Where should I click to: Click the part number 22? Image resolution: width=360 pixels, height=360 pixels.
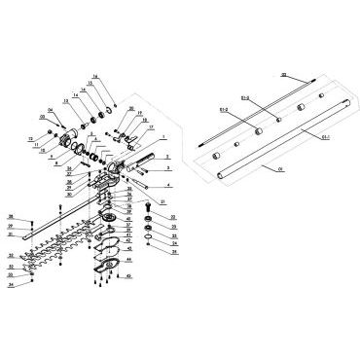[173, 216]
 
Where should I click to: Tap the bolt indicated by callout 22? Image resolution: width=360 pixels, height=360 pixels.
[148, 206]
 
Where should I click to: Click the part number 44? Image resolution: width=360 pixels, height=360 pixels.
[129, 260]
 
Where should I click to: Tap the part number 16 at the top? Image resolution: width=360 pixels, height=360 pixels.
[95, 75]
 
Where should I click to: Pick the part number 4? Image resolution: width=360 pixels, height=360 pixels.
[169, 183]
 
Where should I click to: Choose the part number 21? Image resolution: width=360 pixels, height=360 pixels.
[163, 200]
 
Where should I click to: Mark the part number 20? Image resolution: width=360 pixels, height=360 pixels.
[131, 108]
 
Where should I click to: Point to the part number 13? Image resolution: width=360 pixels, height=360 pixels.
[66, 100]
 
